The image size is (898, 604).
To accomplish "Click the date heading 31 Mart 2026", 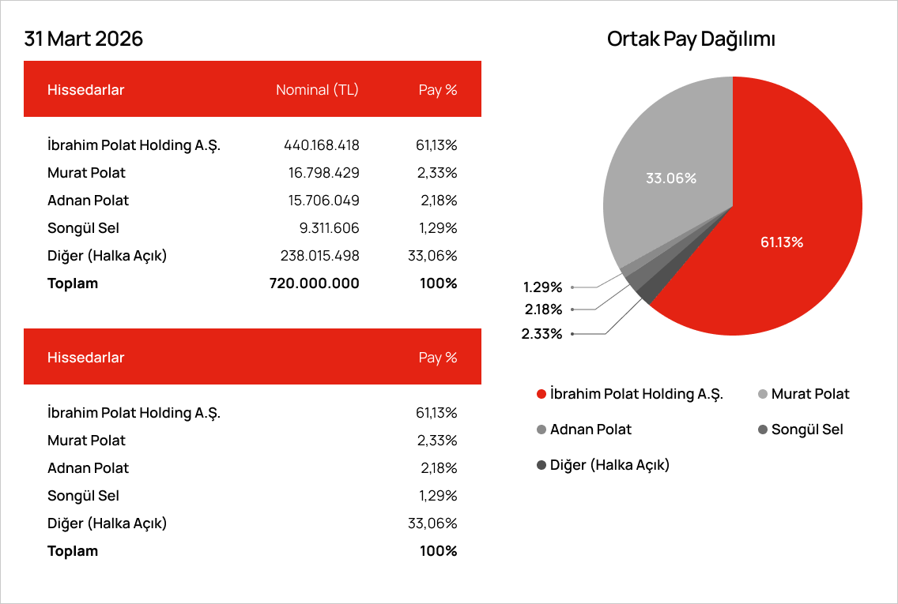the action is pyautogui.click(x=83, y=39).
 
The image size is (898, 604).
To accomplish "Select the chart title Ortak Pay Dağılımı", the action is pyautogui.click(x=691, y=39).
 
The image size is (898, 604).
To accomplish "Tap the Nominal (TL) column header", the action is pyautogui.click(x=317, y=90).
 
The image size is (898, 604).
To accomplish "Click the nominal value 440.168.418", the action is pyautogui.click(x=321, y=145).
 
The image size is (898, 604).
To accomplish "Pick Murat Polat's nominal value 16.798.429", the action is pyautogui.click(x=323, y=173).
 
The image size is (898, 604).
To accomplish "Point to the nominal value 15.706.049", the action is pyautogui.click(x=323, y=201).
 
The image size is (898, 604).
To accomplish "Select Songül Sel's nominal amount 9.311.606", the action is pyautogui.click(x=330, y=228).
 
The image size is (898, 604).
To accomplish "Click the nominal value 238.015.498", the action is pyautogui.click(x=319, y=256).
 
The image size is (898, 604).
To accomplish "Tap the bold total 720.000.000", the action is pyautogui.click(x=315, y=283).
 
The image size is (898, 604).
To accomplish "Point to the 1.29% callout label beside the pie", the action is pyautogui.click(x=542, y=287).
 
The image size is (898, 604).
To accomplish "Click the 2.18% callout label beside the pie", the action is pyautogui.click(x=544, y=310).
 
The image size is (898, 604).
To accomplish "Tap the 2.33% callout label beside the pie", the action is pyautogui.click(x=541, y=334).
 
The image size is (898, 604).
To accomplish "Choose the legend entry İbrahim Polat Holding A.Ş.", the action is pyautogui.click(x=630, y=394).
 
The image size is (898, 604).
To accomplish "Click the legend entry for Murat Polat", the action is pyautogui.click(x=803, y=394).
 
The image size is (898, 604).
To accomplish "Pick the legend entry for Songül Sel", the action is pyautogui.click(x=801, y=430).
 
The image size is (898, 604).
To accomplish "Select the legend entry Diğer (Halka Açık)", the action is pyautogui.click(x=603, y=465).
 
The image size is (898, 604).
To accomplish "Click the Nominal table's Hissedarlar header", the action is pyautogui.click(x=86, y=90).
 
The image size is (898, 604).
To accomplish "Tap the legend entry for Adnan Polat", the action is pyautogui.click(x=584, y=430).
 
